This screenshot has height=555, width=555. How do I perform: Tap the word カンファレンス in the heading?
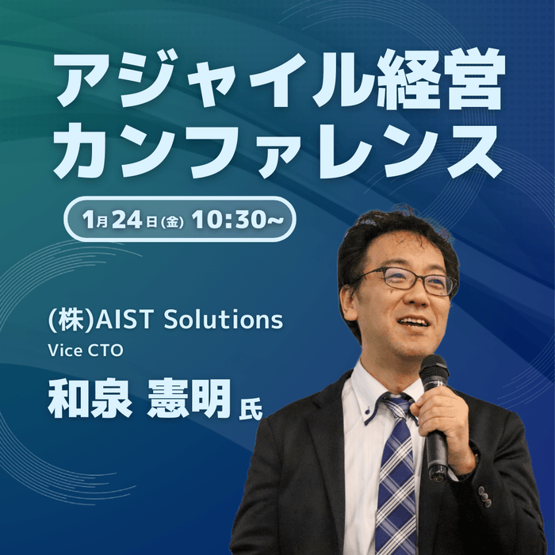coord(277,151)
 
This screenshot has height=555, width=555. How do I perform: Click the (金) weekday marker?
coord(172,220)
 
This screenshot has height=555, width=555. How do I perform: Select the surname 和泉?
coord(89,399)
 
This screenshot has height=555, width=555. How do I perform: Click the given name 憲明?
coord(189,399)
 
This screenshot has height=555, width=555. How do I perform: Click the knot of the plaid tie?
coord(396,407)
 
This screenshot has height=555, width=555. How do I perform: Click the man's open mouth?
coord(413,322)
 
